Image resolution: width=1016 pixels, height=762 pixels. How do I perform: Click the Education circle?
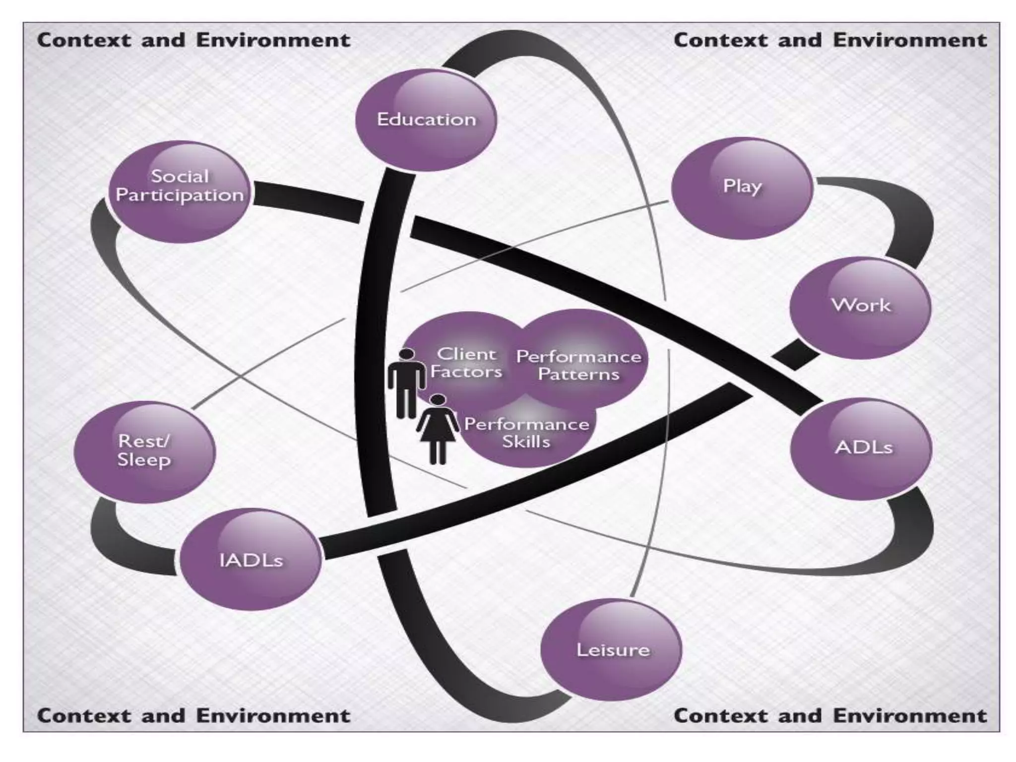click(x=426, y=120)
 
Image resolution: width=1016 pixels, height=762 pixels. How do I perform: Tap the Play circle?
click(x=742, y=188)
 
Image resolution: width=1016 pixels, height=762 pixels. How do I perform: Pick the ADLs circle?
click(x=862, y=448)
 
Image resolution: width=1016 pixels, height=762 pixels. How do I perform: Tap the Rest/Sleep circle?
click(x=144, y=451)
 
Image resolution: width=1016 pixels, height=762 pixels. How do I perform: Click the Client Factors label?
click(x=466, y=363)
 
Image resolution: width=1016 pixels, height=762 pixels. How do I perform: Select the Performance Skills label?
click(x=526, y=433)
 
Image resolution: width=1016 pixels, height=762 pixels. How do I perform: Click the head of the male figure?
click(x=407, y=354)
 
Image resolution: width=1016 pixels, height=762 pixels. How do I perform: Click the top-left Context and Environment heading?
click(x=193, y=40)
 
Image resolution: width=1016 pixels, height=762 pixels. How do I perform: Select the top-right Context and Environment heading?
click(x=830, y=40)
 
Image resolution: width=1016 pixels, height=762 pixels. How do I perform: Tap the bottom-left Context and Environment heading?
click(x=193, y=716)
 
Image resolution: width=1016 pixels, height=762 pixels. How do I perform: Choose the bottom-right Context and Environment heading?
click(x=830, y=716)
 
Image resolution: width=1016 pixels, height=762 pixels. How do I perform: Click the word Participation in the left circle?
click(x=180, y=195)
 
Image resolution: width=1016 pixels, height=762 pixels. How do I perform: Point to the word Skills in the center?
click(x=526, y=442)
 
